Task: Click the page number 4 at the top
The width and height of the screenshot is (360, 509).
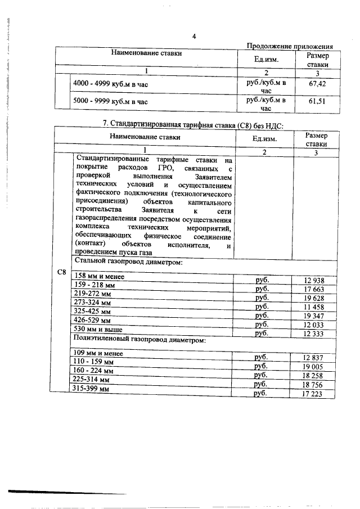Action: click(193, 37)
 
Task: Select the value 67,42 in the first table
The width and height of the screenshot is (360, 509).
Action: click(318, 84)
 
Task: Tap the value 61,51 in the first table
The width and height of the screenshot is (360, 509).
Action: click(318, 101)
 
